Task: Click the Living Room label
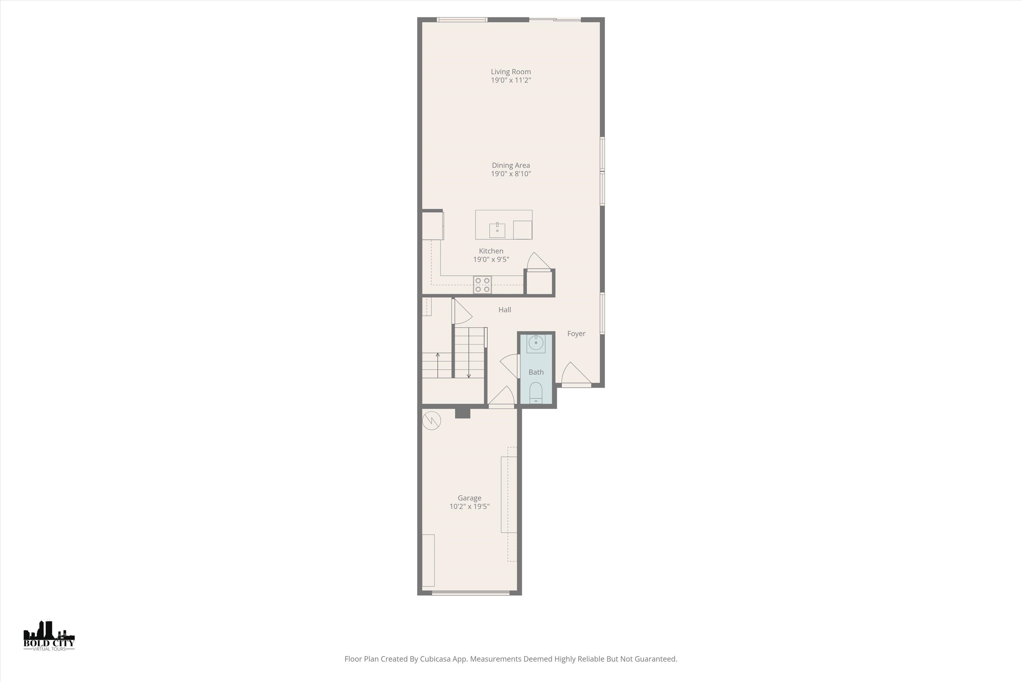click(511, 72)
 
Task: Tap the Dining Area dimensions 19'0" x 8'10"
click(511, 174)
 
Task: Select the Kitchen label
click(491, 251)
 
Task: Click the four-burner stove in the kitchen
click(482, 285)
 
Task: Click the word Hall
click(505, 310)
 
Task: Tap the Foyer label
click(576, 333)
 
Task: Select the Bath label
click(536, 372)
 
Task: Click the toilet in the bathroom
click(536, 393)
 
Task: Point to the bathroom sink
click(536, 343)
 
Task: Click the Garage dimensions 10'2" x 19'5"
click(469, 506)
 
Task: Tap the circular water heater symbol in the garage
click(432, 420)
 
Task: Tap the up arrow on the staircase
click(437, 365)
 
